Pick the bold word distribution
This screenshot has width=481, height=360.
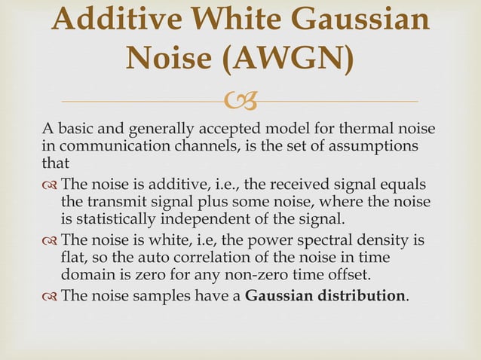[x=357, y=294]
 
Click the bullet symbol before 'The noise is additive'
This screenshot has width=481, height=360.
[x=50, y=185]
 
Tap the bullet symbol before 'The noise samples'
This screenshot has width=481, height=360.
[x=50, y=295]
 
